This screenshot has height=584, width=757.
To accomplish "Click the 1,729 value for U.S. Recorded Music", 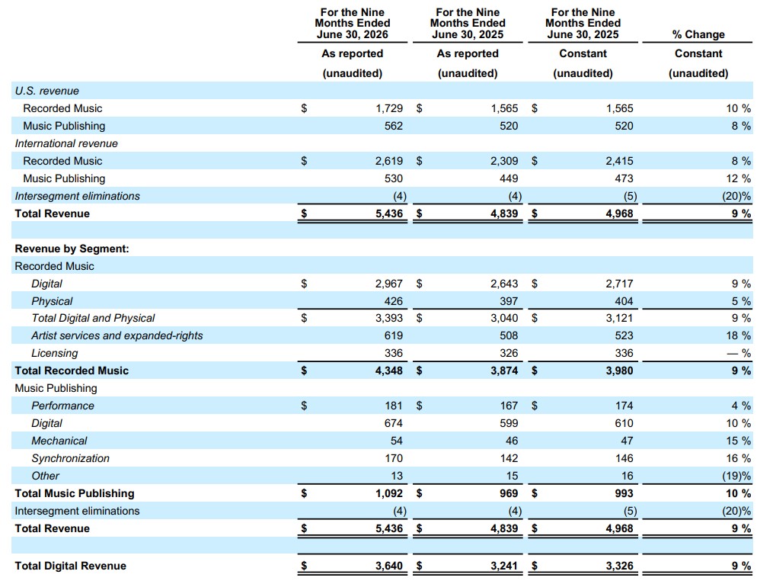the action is coord(389,108).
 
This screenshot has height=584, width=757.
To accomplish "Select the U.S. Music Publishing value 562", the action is coord(394,126).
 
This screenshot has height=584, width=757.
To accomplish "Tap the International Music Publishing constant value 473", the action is coord(624,178).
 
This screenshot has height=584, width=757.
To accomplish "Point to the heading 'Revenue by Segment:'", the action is coord(72,249).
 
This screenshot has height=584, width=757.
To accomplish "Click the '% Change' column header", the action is coord(698,34).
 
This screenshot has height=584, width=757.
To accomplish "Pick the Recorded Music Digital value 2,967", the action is coord(388,284).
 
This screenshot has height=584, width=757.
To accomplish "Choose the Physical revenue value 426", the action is coord(394,300).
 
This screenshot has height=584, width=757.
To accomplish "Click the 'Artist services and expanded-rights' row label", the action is coord(117,335).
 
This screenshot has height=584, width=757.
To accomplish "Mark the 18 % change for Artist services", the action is coord(739,335).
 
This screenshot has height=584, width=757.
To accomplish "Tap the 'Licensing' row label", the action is coord(55,353).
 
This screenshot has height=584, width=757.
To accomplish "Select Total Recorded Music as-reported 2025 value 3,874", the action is coord(504,371).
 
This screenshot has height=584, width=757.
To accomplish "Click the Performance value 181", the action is coord(394,406).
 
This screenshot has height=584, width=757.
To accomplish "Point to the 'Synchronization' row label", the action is coord(71,457).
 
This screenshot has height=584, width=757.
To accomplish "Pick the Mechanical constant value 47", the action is coord(627,441).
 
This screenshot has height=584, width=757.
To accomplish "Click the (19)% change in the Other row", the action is coord(736,476).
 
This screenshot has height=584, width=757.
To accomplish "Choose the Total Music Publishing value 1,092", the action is coord(388,493).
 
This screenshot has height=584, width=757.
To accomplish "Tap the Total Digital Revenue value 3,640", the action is coord(388,566).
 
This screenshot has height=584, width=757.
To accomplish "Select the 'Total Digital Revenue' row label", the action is coord(71,566).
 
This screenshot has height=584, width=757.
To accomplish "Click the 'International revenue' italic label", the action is coord(66,143).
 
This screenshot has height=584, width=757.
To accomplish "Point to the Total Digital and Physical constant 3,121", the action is coord(619,318).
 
